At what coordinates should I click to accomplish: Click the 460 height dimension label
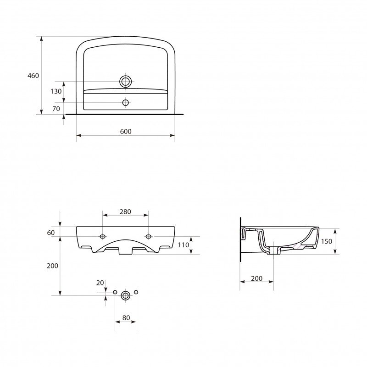(33, 76)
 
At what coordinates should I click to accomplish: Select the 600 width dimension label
(126, 132)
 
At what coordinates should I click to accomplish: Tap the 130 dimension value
(56, 91)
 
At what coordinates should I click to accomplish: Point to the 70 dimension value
(56, 109)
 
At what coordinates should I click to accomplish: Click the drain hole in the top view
(125, 82)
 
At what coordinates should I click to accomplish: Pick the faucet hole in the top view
(126, 102)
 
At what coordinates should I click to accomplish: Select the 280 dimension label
(125, 212)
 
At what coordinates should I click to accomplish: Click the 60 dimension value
(51, 233)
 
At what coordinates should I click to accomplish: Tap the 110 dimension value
(183, 245)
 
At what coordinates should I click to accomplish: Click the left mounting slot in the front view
(102, 236)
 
